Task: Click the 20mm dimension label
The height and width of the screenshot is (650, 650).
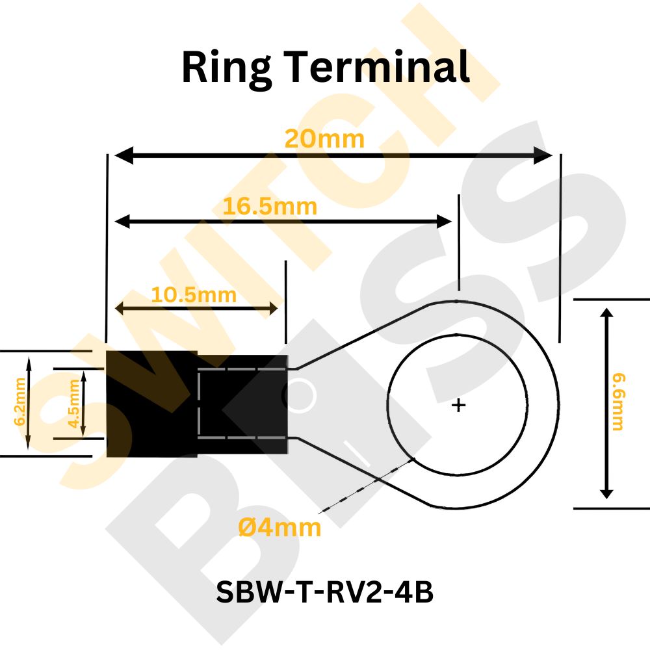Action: coord(324,139)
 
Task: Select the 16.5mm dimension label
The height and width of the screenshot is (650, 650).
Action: coord(270,207)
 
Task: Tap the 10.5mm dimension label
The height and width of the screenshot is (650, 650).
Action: coord(194,295)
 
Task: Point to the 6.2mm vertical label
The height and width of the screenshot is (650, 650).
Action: coord(19,402)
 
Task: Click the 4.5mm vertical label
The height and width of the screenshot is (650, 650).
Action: coord(73,404)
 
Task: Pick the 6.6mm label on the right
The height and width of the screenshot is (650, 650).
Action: coord(618,402)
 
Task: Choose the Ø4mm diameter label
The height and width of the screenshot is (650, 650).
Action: coord(279,528)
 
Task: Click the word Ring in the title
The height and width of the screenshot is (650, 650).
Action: coord(227,67)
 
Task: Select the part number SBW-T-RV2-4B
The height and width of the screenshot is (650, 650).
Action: coord(324,591)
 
